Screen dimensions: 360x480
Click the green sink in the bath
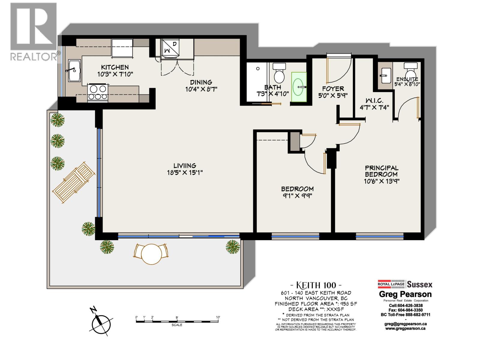[x=299, y=87]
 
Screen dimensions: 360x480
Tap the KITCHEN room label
[x=115, y=67]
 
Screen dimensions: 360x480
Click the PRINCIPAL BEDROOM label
[x=382, y=171]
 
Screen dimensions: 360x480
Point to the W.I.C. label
[x=374, y=100]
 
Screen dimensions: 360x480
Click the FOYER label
[x=333, y=89]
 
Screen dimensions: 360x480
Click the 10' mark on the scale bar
[x=218, y=317]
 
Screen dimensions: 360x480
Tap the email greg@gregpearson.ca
[x=405, y=324]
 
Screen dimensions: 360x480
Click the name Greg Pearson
[x=405, y=294]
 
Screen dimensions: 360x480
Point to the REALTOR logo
[x=34, y=31]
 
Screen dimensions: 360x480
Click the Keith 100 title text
[x=316, y=285]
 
